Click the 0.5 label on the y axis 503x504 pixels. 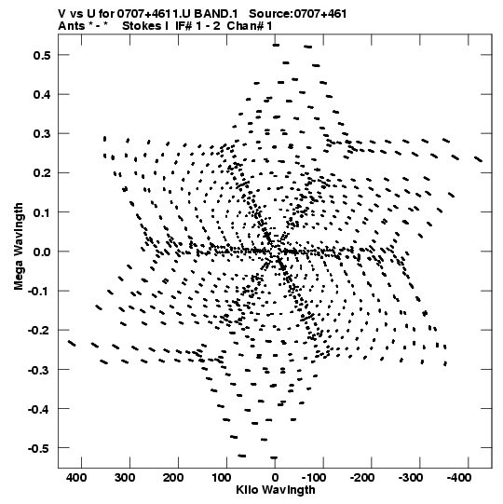click(42, 55)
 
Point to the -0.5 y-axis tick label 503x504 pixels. click(39, 448)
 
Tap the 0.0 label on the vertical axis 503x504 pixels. click(42, 252)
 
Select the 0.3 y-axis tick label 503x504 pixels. click(42, 134)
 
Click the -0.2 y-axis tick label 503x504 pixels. click(39, 331)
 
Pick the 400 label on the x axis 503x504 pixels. click(76, 478)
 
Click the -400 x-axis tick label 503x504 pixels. click(459, 478)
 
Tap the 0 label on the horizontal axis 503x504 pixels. click(275, 478)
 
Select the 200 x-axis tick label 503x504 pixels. click(173, 478)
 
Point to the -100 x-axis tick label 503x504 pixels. click(314, 478)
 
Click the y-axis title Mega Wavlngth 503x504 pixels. click(19, 247)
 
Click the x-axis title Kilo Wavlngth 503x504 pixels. click(276, 490)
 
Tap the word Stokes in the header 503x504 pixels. click(143, 26)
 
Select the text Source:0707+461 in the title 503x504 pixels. click(298, 14)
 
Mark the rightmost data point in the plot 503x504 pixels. click(479, 159)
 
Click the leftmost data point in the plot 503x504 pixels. click(72, 343)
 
